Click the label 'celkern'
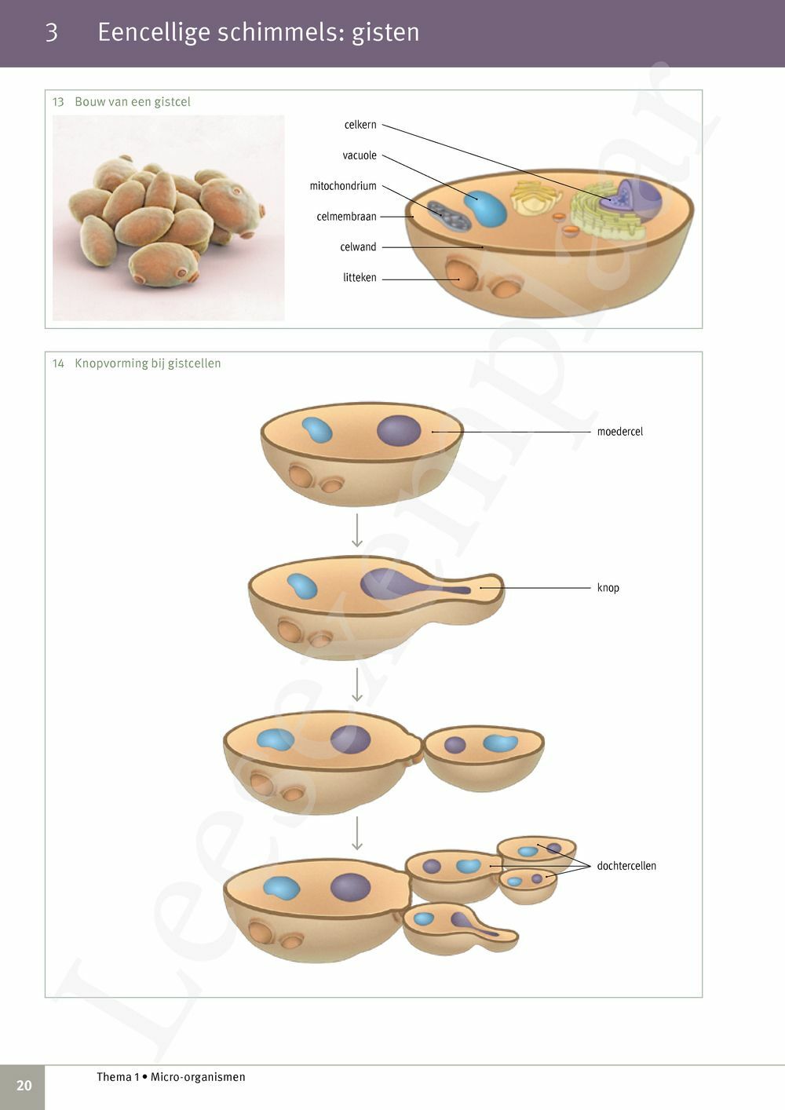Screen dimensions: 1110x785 coord(360,125)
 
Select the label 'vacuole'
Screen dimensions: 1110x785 coord(360,155)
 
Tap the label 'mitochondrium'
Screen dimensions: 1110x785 coord(343,186)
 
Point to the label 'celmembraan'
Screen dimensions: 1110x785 coord(346,217)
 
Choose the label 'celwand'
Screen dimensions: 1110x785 coord(358,247)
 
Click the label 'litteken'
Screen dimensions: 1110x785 coord(360,278)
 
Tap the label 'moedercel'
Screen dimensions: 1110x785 coord(619,432)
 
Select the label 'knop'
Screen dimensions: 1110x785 coord(608,588)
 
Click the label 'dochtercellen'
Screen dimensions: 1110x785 coord(626,866)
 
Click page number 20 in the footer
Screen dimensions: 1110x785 coord(24,1085)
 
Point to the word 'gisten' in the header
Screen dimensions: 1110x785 coord(385,32)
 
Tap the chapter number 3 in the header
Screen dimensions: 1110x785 coord(52,32)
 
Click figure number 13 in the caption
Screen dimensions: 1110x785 coord(58,102)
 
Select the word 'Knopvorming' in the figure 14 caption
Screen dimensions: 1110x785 coord(111,363)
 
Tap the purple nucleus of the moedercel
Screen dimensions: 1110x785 coord(399,430)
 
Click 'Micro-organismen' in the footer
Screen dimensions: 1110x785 coord(198,1077)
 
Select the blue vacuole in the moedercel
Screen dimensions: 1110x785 coord(317,429)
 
